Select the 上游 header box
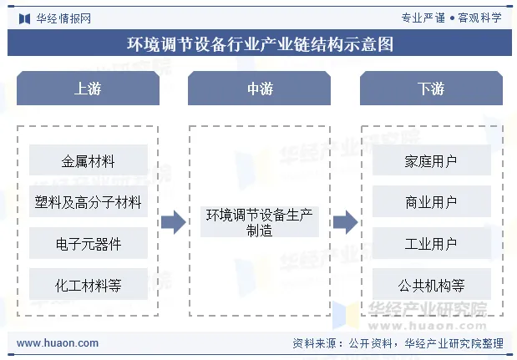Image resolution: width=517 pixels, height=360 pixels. (x=88, y=89)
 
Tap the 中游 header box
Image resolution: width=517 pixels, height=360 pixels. (x=259, y=89)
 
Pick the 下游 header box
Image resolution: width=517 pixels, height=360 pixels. (x=430, y=89)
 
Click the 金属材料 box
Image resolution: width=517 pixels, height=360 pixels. (x=88, y=160)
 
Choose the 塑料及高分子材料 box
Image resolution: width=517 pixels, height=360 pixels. (x=88, y=202)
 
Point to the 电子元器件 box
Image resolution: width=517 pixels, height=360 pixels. (x=88, y=244)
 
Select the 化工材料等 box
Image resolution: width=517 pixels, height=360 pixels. (x=88, y=286)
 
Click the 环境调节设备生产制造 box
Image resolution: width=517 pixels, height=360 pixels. (x=259, y=223)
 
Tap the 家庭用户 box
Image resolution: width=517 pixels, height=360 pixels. (x=430, y=160)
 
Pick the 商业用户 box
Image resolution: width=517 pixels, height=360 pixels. (x=430, y=202)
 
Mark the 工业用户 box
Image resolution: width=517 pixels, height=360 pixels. (x=430, y=244)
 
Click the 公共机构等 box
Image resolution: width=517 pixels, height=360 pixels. (x=430, y=286)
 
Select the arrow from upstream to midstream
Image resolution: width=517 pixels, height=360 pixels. (x=173, y=222)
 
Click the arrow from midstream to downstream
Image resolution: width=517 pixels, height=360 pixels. (x=344, y=222)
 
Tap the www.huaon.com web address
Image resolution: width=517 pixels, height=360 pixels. (x=58, y=343)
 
